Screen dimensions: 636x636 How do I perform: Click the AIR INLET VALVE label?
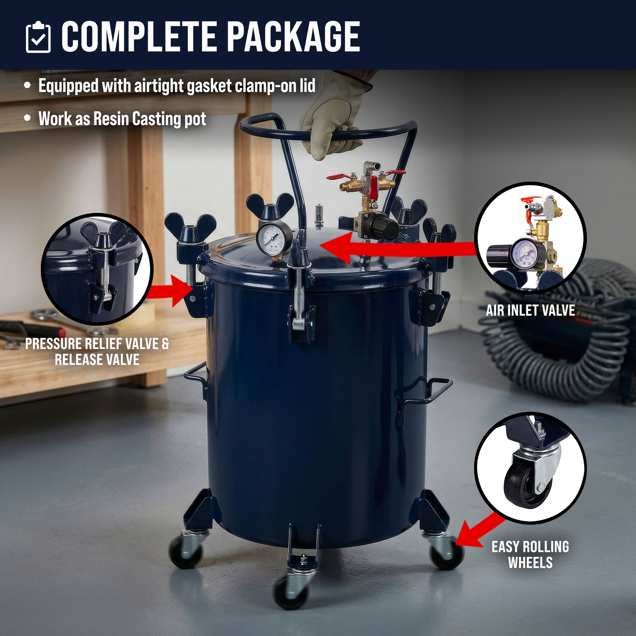[530, 310]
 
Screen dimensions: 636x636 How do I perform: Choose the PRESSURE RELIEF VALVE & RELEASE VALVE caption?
[97, 352]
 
